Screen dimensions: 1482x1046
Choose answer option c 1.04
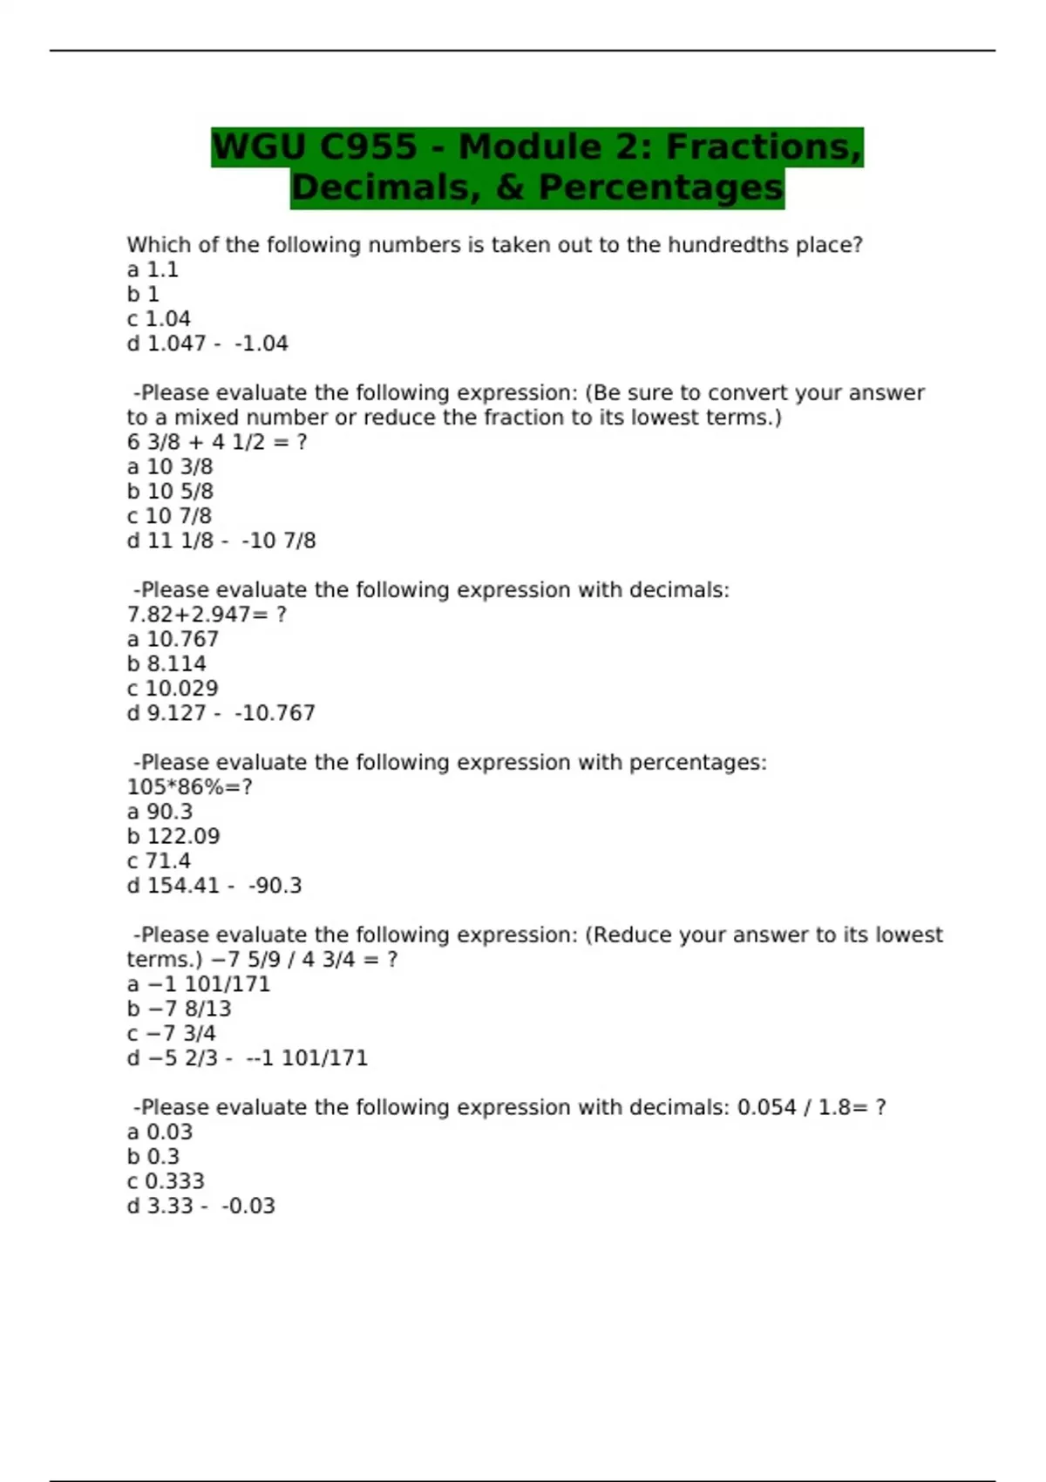pyautogui.click(x=159, y=319)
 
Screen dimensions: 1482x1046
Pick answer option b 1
pyautogui.click(x=143, y=295)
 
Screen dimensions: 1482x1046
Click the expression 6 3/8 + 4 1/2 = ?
pyautogui.click(x=217, y=442)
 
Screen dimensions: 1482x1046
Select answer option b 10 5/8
pyautogui.click(x=170, y=492)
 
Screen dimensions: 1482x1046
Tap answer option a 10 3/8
pyautogui.click(x=170, y=467)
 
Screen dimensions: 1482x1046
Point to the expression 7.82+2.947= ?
pyautogui.click(x=207, y=615)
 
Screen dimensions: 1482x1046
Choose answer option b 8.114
pyautogui.click(x=166, y=664)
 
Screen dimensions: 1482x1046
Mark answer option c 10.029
pyautogui.click(x=173, y=689)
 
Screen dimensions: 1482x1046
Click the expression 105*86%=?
pyautogui.click(x=189, y=787)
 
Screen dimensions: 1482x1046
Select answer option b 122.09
pyautogui.click(x=173, y=837)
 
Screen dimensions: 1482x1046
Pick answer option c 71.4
pyautogui.click(x=159, y=861)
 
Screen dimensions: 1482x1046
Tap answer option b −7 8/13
pyautogui.click(x=180, y=1010)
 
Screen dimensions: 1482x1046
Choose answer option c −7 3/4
pyautogui.click(x=172, y=1034)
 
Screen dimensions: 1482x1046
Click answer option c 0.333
pyautogui.click(x=166, y=1181)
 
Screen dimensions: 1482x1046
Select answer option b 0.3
pyautogui.click(x=153, y=1157)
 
